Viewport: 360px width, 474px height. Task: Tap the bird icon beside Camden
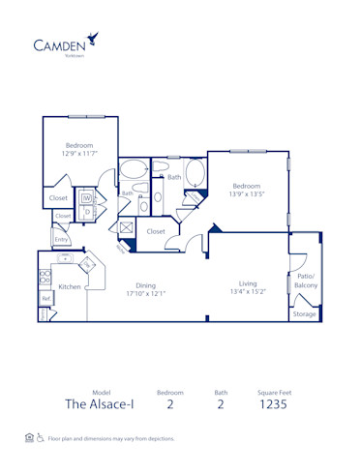pyautogui.click(x=93, y=38)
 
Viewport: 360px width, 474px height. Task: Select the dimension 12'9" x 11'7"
pyautogui.click(x=78, y=153)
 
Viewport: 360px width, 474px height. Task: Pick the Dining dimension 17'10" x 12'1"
pyautogui.click(x=146, y=294)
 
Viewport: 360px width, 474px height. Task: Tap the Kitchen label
pyautogui.click(x=69, y=287)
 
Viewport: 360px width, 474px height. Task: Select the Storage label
pyautogui.click(x=304, y=313)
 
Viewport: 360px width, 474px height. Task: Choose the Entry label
pyautogui.click(x=61, y=239)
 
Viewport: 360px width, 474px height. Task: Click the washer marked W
pyautogui.click(x=86, y=198)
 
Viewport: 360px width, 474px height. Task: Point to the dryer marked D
pyautogui.click(x=86, y=212)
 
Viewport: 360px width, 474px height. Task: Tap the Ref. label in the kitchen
pyautogui.click(x=45, y=300)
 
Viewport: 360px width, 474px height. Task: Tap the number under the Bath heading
pyautogui.click(x=220, y=404)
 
